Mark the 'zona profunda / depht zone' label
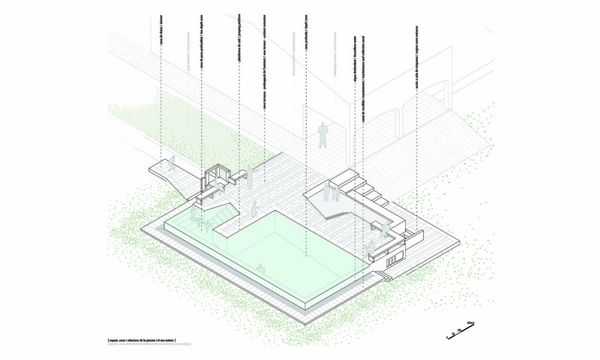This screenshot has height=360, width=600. point(307,44)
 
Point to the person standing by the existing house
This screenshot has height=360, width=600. point(323,135)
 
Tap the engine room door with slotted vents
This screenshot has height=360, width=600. point(392,257)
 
